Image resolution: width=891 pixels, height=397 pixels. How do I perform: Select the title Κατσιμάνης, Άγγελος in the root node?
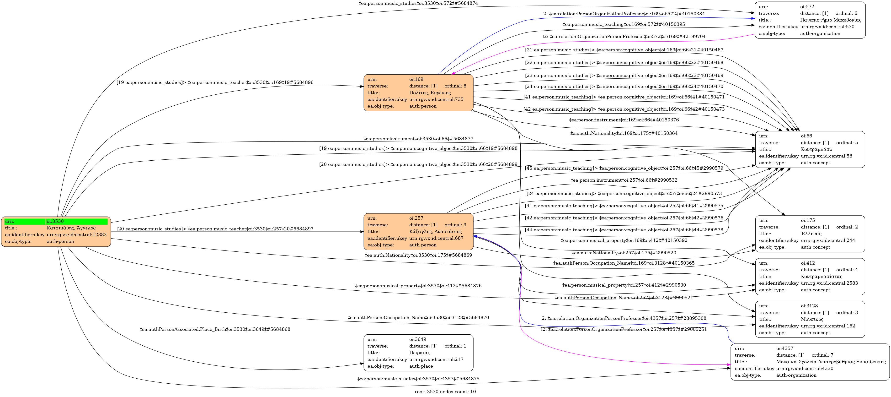click(71, 228)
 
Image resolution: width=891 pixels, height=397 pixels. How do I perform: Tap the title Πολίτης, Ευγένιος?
click(430, 93)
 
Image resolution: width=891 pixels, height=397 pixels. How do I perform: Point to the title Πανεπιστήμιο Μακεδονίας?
click(831, 20)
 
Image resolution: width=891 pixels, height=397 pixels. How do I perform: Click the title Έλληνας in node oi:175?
click(811, 234)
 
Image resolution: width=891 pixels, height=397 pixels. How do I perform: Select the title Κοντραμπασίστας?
click(822, 277)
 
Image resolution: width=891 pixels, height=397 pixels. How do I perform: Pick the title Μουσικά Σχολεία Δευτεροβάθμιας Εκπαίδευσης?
click(831, 362)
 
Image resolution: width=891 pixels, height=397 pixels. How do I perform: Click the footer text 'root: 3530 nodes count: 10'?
click(445, 392)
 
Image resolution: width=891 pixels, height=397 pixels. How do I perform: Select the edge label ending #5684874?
click(418, 3)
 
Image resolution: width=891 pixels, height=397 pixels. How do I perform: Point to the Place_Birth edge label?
click(215, 329)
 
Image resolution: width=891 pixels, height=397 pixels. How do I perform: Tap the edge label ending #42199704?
click(624, 36)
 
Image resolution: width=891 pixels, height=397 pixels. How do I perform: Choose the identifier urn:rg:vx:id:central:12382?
click(76, 235)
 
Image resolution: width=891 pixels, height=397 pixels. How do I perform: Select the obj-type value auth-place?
click(421, 366)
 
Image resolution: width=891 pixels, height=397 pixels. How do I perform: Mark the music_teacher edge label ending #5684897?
click(215, 229)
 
